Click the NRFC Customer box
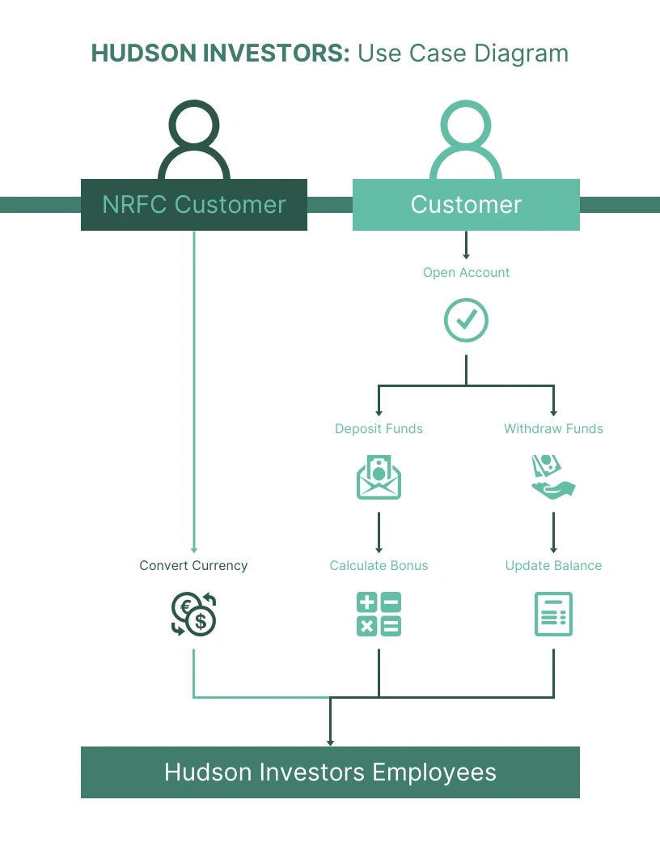(194, 205)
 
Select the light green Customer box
(466, 205)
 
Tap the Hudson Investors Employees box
(330, 772)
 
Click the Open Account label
(466, 273)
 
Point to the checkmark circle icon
(466, 321)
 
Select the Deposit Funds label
(379, 429)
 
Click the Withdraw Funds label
(553, 429)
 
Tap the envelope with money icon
(379, 478)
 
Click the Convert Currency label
(193, 566)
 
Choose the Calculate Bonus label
(379, 566)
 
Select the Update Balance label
(553, 566)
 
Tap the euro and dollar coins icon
(194, 615)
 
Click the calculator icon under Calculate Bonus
(379, 615)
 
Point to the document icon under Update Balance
(553, 615)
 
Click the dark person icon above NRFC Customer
(194, 142)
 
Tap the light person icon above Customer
(466, 142)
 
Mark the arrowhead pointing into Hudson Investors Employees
(330, 742)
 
